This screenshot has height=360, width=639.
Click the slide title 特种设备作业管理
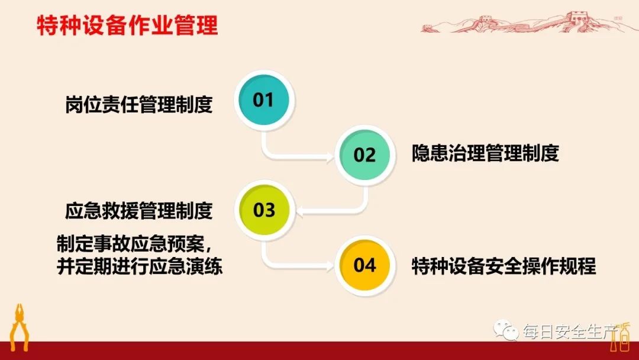[127, 27]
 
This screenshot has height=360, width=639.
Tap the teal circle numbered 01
[264, 100]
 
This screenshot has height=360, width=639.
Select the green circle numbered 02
[365, 155]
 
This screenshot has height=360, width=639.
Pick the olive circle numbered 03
[264, 210]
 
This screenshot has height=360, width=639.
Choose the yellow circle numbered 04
[365, 265]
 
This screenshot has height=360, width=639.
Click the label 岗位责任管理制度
[138, 105]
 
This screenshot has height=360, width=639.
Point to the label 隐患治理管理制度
[485, 154]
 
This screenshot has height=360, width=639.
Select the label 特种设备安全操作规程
[504, 266]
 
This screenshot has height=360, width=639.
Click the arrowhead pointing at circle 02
[330, 156]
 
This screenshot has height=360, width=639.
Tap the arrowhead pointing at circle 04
[330, 265]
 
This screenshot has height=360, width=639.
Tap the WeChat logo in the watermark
[507, 330]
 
